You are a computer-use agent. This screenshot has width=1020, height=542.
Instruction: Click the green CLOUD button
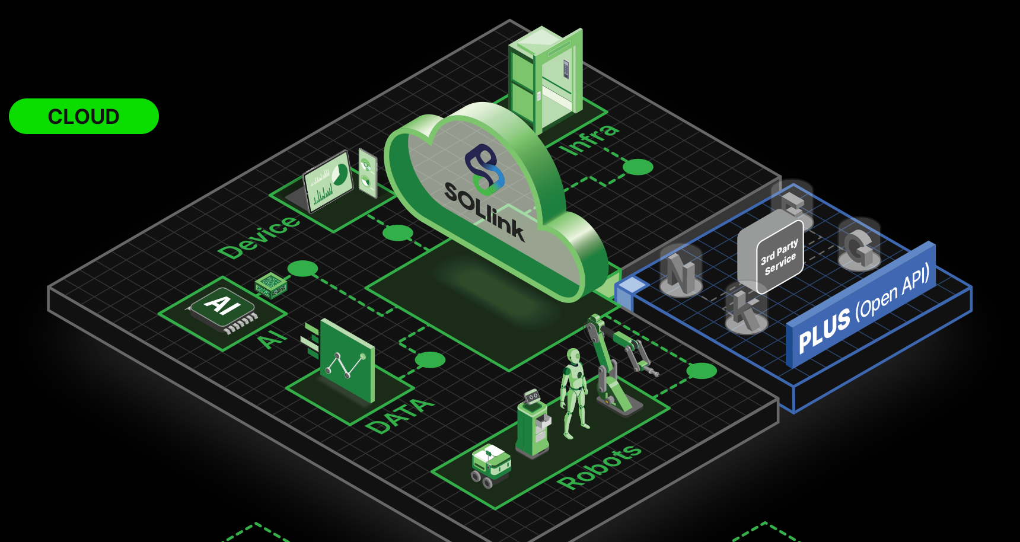84,116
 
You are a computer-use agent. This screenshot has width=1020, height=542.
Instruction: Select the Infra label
590,139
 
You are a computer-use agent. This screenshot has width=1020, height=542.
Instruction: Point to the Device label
259,237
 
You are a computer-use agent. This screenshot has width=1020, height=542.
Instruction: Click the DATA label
400,416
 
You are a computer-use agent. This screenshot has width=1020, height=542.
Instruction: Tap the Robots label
599,467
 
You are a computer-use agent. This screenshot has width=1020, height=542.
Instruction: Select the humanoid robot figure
573,391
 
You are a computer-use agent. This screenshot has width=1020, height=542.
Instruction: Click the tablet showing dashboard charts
328,181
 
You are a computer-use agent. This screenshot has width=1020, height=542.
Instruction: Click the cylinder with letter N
681,272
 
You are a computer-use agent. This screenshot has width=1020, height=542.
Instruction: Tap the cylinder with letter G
859,245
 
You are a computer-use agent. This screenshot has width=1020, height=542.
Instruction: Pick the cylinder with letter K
746,308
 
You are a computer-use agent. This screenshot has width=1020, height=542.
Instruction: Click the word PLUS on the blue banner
824,330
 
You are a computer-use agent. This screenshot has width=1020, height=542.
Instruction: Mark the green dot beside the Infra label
638,167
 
